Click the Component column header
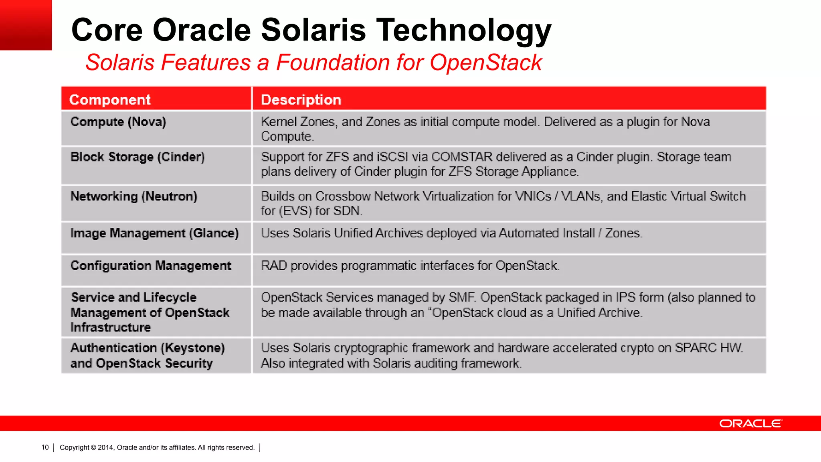[x=110, y=99]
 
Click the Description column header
[x=301, y=99]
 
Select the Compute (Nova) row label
[x=118, y=122]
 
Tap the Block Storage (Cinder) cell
[x=138, y=157]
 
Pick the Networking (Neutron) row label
[x=134, y=196]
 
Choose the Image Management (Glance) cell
[x=154, y=233]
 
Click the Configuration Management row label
[x=151, y=265]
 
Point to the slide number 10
[x=45, y=448]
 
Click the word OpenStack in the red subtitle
[x=485, y=63]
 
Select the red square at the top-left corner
[x=26, y=25]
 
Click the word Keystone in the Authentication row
[x=192, y=348]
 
